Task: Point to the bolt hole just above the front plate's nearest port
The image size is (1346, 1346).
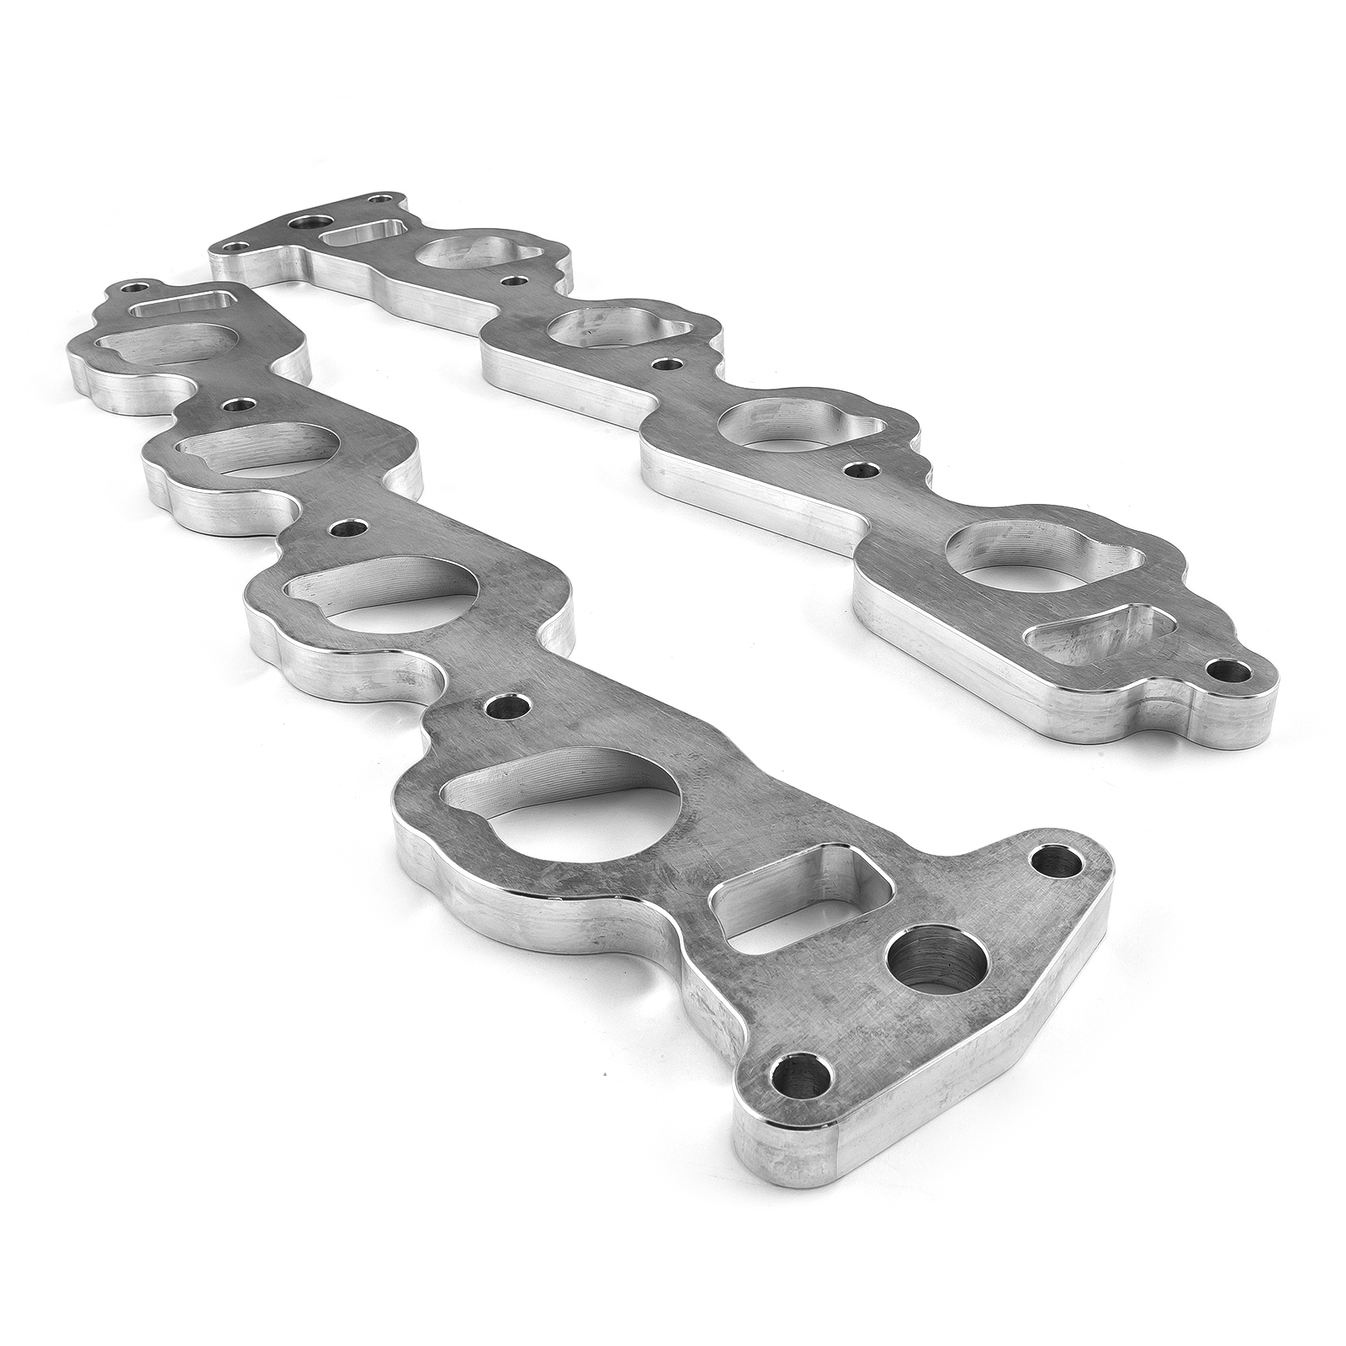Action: pyautogui.click(x=506, y=706)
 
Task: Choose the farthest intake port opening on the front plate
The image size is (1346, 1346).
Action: pyautogui.click(x=160, y=344)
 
